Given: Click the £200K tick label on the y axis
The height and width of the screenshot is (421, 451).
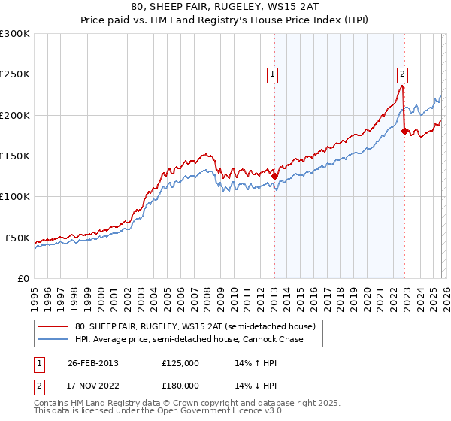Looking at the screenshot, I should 15,115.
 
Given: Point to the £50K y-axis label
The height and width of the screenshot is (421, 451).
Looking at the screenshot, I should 17,238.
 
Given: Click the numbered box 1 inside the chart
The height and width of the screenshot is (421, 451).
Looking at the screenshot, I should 271,74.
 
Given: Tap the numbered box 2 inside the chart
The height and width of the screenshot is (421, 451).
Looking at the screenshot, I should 402,74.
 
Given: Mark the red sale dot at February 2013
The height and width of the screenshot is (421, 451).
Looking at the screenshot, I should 275,177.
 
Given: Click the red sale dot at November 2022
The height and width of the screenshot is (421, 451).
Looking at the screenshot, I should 404,132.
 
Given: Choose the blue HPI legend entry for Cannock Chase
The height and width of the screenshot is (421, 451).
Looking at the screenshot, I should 189,338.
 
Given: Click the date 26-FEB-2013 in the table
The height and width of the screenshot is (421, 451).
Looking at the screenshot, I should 93,362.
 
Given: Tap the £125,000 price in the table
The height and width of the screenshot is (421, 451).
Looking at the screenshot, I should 180,362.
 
